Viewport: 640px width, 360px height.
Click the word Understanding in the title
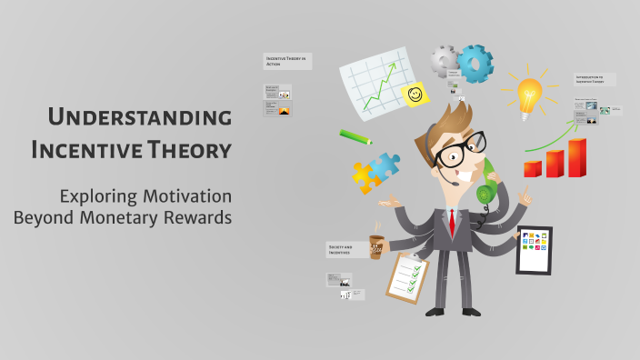tap(139, 117)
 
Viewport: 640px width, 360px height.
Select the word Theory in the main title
tap(187, 149)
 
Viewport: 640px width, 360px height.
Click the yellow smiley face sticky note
tap(415, 94)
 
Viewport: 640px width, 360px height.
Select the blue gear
tap(475, 63)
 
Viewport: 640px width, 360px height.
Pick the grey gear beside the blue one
tap(445, 60)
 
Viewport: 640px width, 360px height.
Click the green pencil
tap(355, 136)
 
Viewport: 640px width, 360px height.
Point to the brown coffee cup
tap(376, 246)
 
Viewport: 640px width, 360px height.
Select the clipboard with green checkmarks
tap(406, 277)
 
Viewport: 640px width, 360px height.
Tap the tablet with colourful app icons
tap(534, 249)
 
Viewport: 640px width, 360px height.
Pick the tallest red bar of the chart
tap(576, 157)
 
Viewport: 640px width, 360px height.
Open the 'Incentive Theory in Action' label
tap(287, 61)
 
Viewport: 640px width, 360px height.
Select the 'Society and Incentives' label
tap(346, 248)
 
